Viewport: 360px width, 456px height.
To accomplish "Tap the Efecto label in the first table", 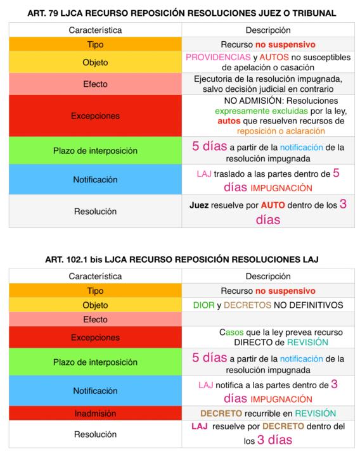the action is point(95,84).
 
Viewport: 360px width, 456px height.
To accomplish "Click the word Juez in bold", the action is point(202,206).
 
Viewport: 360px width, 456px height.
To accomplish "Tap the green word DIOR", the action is point(206,305).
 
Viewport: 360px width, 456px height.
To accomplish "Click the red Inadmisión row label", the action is point(95,413).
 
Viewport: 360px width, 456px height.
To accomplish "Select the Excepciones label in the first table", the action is point(95,116).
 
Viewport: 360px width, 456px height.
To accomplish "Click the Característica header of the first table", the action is point(95,30).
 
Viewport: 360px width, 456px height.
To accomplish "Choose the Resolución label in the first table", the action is point(95,212).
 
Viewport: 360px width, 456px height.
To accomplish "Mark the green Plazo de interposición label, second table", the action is point(95,362).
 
